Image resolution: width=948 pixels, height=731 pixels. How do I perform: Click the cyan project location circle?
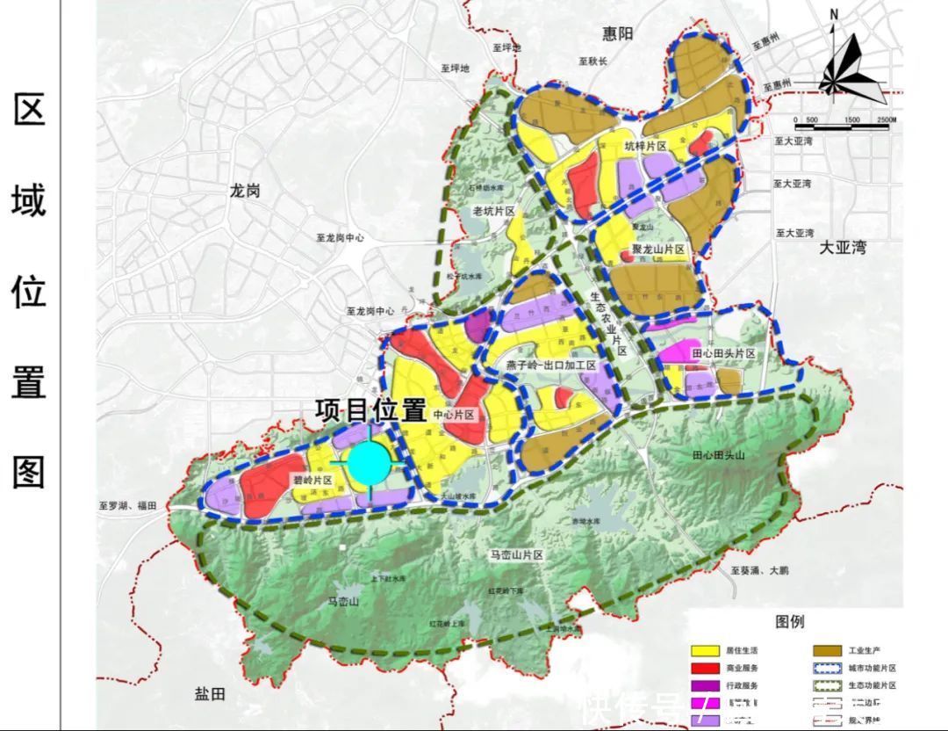coord(367,464)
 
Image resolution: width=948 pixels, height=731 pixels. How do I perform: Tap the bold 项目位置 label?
coord(371,410)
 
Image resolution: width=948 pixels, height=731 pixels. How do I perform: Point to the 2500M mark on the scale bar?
coord(884,119)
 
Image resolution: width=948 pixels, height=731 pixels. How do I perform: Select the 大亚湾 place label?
coord(842,248)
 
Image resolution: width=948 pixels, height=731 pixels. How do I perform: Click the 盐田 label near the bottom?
coord(210,694)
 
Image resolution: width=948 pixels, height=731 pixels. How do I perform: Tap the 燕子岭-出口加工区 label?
coord(550,365)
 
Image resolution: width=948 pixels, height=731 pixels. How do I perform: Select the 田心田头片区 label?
coord(723,353)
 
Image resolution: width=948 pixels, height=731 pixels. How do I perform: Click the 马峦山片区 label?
coord(517,555)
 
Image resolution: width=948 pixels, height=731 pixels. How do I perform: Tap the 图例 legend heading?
coord(789,622)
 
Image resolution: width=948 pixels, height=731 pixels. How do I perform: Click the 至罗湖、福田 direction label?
coord(127,505)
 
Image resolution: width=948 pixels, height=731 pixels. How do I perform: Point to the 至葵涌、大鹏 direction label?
coord(760,570)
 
